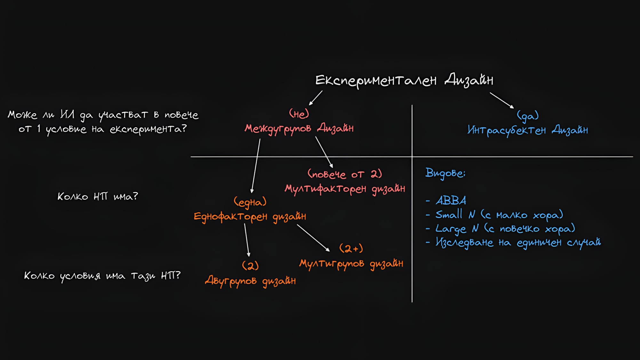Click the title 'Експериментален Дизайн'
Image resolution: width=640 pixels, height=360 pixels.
coord(404,80)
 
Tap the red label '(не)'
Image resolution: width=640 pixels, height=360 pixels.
coord(299,114)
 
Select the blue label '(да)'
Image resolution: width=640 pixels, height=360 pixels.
coord(528,116)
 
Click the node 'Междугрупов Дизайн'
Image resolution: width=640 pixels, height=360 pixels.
coord(299,129)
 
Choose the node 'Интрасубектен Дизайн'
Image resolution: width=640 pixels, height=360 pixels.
coord(527,130)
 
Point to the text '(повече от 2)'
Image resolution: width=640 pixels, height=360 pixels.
coord(345,174)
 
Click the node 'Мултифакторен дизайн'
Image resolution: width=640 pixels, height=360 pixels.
coord(345,188)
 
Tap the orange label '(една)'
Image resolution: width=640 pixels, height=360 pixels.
coord(250,202)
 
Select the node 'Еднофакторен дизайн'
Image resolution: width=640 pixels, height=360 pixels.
coord(250,217)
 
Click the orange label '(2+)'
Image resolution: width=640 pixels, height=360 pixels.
coord(351,248)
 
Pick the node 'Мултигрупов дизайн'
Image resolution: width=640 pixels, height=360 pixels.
coord(351,264)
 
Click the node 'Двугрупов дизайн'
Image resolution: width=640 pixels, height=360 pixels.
coord(250,281)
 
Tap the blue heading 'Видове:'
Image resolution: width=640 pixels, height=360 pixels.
coord(445,173)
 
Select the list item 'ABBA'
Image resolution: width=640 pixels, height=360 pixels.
coord(451,201)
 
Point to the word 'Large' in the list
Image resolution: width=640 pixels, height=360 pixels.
coord(451,229)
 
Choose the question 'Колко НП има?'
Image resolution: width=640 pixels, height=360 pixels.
coord(98,196)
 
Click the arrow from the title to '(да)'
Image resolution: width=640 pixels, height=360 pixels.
coord(501,100)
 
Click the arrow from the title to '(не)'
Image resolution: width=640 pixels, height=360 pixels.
coord(316,98)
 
